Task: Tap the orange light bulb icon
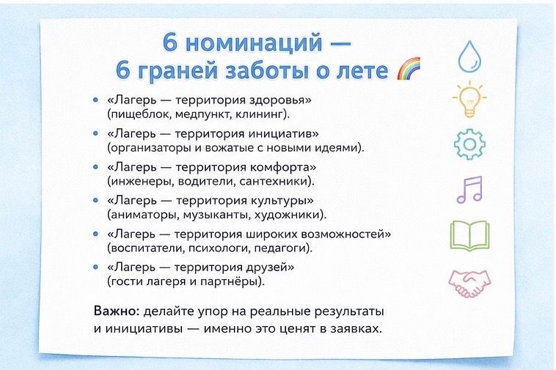click(469, 100)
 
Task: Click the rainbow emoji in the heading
click(409, 69)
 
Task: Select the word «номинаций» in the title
click(255, 42)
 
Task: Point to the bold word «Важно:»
click(117, 311)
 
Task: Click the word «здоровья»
click(280, 100)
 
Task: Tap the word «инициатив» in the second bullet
click(283, 133)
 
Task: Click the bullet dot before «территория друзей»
click(95, 267)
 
